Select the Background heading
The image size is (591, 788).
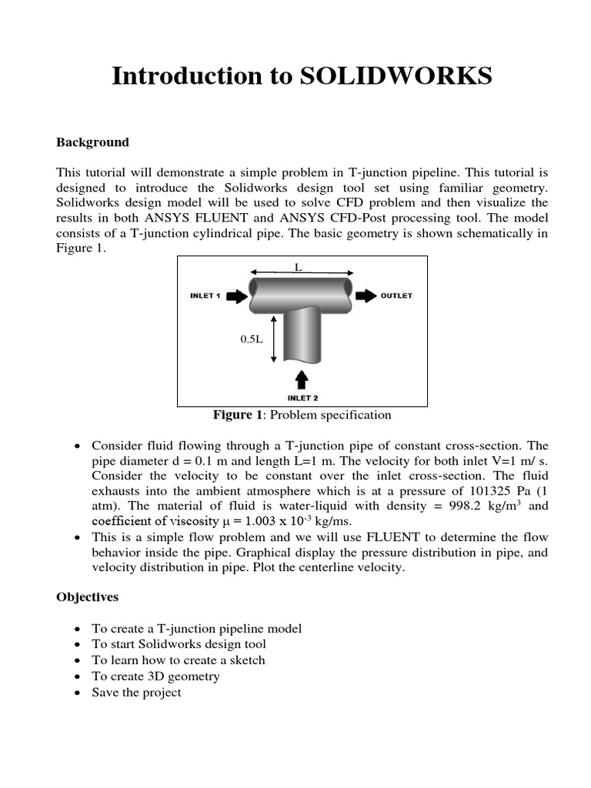92,142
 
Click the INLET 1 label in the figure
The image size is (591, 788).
205,295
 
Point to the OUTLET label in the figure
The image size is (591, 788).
396,295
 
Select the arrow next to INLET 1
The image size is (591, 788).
237,295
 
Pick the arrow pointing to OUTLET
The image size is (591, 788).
366,295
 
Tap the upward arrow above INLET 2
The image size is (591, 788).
301,379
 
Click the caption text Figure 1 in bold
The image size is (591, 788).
238,416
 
